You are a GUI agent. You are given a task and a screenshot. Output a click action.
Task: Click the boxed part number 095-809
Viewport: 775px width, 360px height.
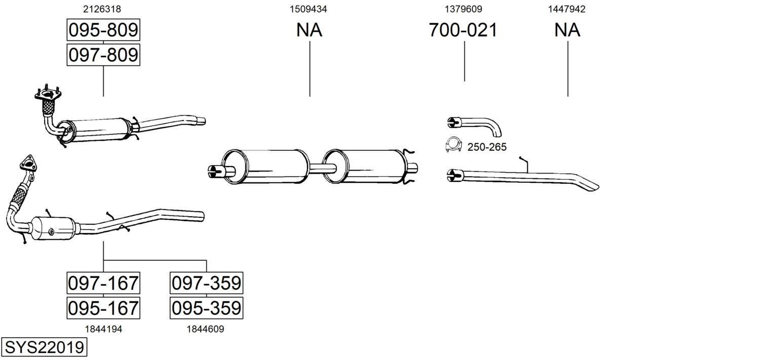103,30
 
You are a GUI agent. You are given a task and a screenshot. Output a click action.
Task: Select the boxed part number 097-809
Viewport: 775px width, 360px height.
103,55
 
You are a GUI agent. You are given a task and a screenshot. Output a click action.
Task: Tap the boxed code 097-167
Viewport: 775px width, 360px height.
103,283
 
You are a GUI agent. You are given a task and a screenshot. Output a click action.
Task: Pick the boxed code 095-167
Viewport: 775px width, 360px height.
103,308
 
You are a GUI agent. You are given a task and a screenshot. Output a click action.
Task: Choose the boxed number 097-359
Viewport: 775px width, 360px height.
206,283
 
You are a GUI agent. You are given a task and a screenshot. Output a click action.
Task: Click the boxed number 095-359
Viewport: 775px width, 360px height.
206,308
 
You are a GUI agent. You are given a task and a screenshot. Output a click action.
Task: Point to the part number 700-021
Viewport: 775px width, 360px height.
463,30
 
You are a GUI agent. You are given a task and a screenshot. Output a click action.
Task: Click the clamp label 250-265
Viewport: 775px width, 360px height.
487,147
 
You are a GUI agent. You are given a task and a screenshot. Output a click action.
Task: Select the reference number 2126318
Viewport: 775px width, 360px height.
102,9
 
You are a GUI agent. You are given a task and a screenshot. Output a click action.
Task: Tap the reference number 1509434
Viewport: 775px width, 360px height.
308,9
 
